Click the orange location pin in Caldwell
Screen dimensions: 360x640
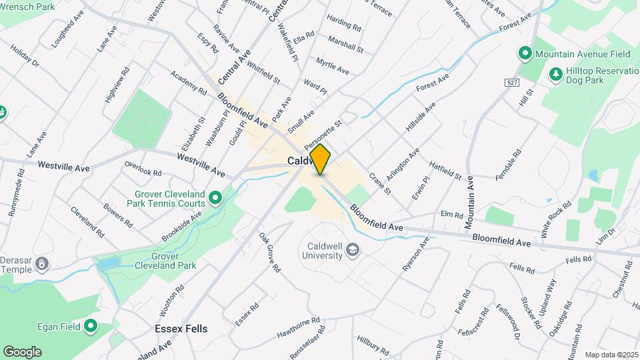(x=321, y=159)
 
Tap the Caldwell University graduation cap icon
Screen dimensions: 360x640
(x=354, y=251)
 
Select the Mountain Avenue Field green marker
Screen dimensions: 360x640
(x=525, y=53)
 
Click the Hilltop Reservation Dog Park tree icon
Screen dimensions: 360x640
(x=554, y=73)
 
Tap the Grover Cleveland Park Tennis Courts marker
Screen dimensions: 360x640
(x=215, y=198)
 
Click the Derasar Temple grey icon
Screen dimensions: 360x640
(x=42, y=265)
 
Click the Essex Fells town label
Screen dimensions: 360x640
(x=181, y=329)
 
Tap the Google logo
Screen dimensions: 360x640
(x=22, y=351)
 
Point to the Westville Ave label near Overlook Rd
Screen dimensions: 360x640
(x=201, y=164)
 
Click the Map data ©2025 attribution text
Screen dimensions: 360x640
(x=611, y=355)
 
